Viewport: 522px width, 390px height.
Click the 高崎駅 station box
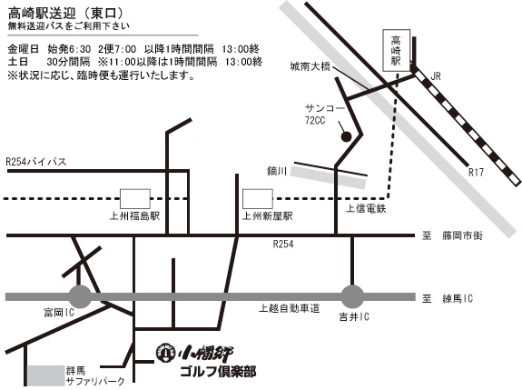tap(396, 50)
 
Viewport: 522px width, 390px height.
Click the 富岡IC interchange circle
tap(80, 296)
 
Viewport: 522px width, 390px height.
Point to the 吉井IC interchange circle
tap(352, 296)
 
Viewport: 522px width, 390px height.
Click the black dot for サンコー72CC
tap(346, 136)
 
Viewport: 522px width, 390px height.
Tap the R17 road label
tap(476, 173)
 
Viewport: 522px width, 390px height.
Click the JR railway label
tap(436, 76)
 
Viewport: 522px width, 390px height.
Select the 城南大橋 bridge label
tap(310, 66)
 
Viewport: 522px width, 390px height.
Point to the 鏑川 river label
tap(277, 171)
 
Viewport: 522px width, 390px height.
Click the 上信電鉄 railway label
tap(366, 209)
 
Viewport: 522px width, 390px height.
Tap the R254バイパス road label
tap(36, 162)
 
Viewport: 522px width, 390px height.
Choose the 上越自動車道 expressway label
tap(290, 308)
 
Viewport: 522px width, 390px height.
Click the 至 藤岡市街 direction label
tap(452, 235)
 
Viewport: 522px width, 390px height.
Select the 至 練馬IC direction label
tap(448, 298)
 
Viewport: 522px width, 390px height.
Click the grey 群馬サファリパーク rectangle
tap(45, 375)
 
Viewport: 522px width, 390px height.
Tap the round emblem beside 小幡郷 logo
tap(165, 353)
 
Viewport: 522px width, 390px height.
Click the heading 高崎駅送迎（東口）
tap(66, 14)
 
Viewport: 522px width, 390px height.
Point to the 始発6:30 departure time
tap(69, 49)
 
